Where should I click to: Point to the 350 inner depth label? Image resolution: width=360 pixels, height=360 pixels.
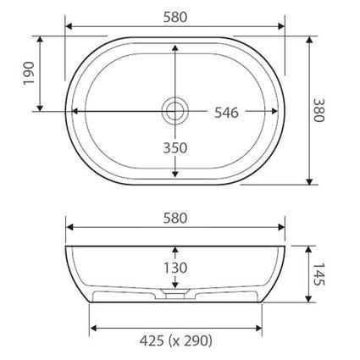coord(174,147)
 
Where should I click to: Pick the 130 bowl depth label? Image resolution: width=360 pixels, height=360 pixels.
coord(175,267)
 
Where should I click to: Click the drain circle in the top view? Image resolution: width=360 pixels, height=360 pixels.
coord(174,109)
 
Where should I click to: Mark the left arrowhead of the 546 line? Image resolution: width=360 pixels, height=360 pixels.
coord(74,110)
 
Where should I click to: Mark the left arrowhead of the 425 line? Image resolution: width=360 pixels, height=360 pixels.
coord(93,326)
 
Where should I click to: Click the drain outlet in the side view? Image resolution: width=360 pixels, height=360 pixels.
coord(175,298)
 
